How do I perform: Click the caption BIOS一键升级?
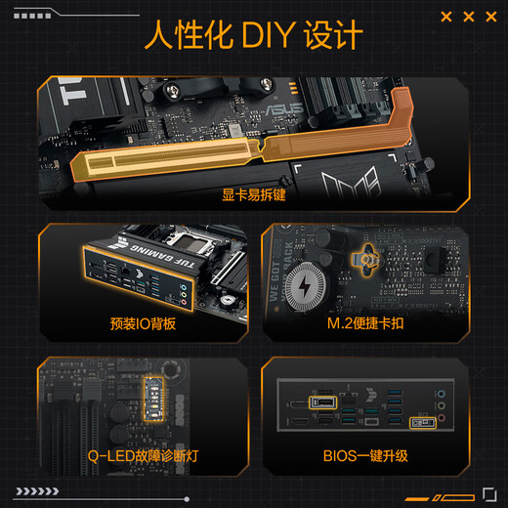point(364,454)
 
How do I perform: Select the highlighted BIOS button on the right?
point(425,423)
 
